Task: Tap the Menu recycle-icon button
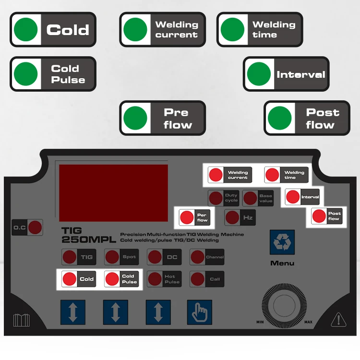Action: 282,242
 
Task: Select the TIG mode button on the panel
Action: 78,257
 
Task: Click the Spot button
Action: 121,257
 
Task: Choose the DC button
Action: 164,257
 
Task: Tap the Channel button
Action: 207,257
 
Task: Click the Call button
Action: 207,279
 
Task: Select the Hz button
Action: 240,217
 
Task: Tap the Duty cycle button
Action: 223,198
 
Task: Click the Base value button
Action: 258,198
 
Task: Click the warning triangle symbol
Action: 338,320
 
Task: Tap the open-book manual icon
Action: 22,320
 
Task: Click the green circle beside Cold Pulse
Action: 26,74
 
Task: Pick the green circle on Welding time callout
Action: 232,30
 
